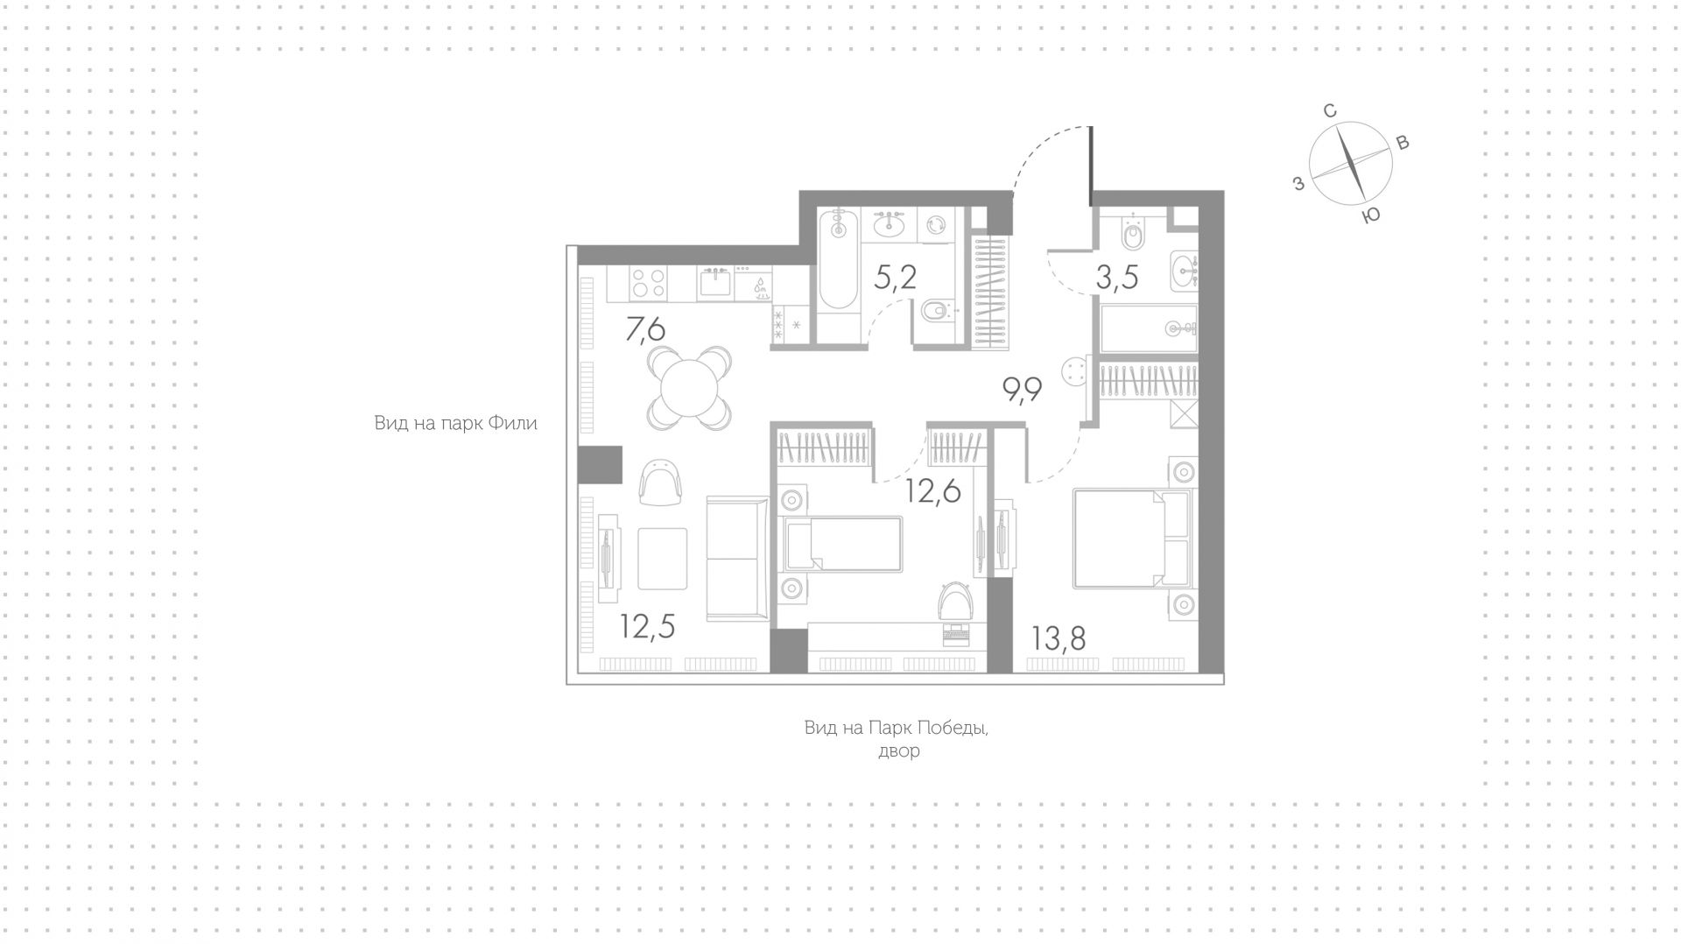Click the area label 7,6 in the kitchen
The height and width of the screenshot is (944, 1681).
click(x=645, y=329)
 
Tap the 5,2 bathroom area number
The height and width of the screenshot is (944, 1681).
click(x=896, y=277)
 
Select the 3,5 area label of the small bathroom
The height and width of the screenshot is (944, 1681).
click(x=1117, y=277)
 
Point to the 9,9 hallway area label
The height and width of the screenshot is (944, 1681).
click(x=1022, y=389)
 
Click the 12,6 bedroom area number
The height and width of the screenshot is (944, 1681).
click(x=933, y=491)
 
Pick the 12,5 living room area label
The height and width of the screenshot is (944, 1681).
click(x=648, y=626)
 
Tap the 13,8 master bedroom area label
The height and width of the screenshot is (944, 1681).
click(x=1059, y=638)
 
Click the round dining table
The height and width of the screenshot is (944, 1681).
click(x=690, y=389)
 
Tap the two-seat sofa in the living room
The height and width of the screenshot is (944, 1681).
click(x=737, y=558)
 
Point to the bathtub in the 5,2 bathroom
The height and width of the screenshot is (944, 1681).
click(x=839, y=258)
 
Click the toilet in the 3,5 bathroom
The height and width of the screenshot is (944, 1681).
click(x=1133, y=232)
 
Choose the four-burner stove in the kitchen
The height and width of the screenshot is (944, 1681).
click(x=649, y=283)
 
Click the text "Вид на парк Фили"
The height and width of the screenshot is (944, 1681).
click(x=456, y=424)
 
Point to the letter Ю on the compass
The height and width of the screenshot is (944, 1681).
click(x=1372, y=215)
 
